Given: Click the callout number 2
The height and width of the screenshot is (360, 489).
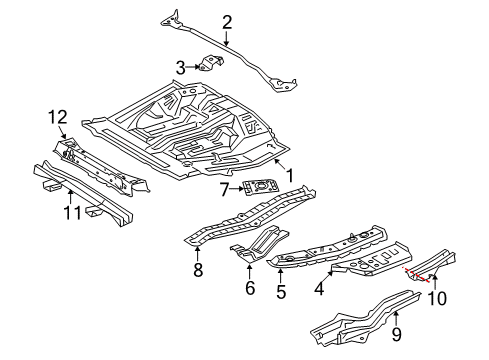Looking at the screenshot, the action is tap(227, 23).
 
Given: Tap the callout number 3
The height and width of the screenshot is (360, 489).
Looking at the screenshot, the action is tap(180, 68).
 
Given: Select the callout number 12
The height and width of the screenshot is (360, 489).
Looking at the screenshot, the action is tap(58, 117).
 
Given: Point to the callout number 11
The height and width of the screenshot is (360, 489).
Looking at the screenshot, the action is tap(72, 212).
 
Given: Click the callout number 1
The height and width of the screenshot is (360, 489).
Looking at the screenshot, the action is tap(290, 175).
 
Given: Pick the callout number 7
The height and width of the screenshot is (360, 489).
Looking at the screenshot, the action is tap(224, 190).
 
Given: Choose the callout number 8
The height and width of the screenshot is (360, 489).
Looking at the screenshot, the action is tap(198, 270).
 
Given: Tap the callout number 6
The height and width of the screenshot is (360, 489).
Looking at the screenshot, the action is tap(250, 288).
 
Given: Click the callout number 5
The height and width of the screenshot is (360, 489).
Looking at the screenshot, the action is tap(281, 292).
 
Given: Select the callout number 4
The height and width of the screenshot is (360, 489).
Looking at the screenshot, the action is tap(319, 288).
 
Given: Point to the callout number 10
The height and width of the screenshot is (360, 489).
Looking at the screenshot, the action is tap(437, 298).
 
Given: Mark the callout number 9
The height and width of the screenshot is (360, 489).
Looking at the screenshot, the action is tap(396, 334).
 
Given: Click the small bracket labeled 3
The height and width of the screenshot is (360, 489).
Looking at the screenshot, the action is tap(211, 63).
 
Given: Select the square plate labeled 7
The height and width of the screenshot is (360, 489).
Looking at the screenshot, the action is tap(261, 187).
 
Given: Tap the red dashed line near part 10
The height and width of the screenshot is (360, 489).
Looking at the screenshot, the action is tap(416, 274).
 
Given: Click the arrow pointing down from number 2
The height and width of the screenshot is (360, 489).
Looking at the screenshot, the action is tap(226, 38).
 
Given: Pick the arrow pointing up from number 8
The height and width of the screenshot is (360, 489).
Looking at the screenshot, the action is tap(198, 253).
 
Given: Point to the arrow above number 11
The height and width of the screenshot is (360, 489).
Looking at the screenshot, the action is tap(70, 196).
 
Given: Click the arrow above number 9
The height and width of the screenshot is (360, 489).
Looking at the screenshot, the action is tap(396, 318).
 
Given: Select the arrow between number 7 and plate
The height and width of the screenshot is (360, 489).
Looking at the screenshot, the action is tap(237, 189).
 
